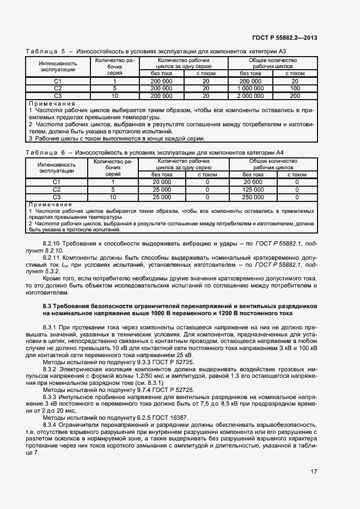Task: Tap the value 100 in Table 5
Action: pos(295,88)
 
